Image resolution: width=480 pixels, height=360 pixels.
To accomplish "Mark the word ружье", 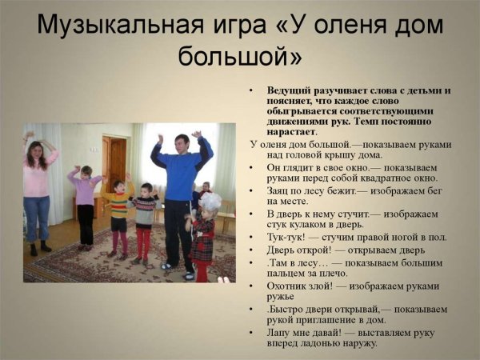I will (283, 297).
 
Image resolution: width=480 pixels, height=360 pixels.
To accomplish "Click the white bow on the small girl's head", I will (210, 201).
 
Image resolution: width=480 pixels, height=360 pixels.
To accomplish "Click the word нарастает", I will (291, 132).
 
